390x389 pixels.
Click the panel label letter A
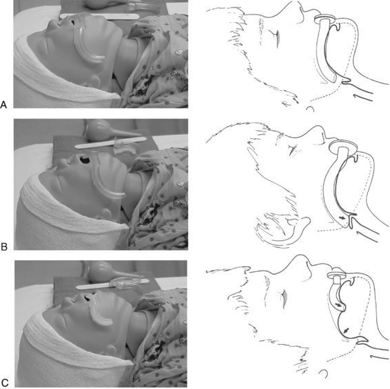[x=3, y=105]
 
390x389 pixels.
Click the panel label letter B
[x=4, y=246]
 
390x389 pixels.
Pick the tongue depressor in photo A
[x=99, y=16]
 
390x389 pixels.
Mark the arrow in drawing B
[x=342, y=218]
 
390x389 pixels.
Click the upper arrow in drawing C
[x=338, y=305]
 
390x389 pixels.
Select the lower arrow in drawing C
[x=346, y=330]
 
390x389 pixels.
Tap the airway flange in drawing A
[x=325, y=19]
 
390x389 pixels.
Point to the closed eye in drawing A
[x=276, y=38]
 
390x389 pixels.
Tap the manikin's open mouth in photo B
[x=85, y=160]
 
